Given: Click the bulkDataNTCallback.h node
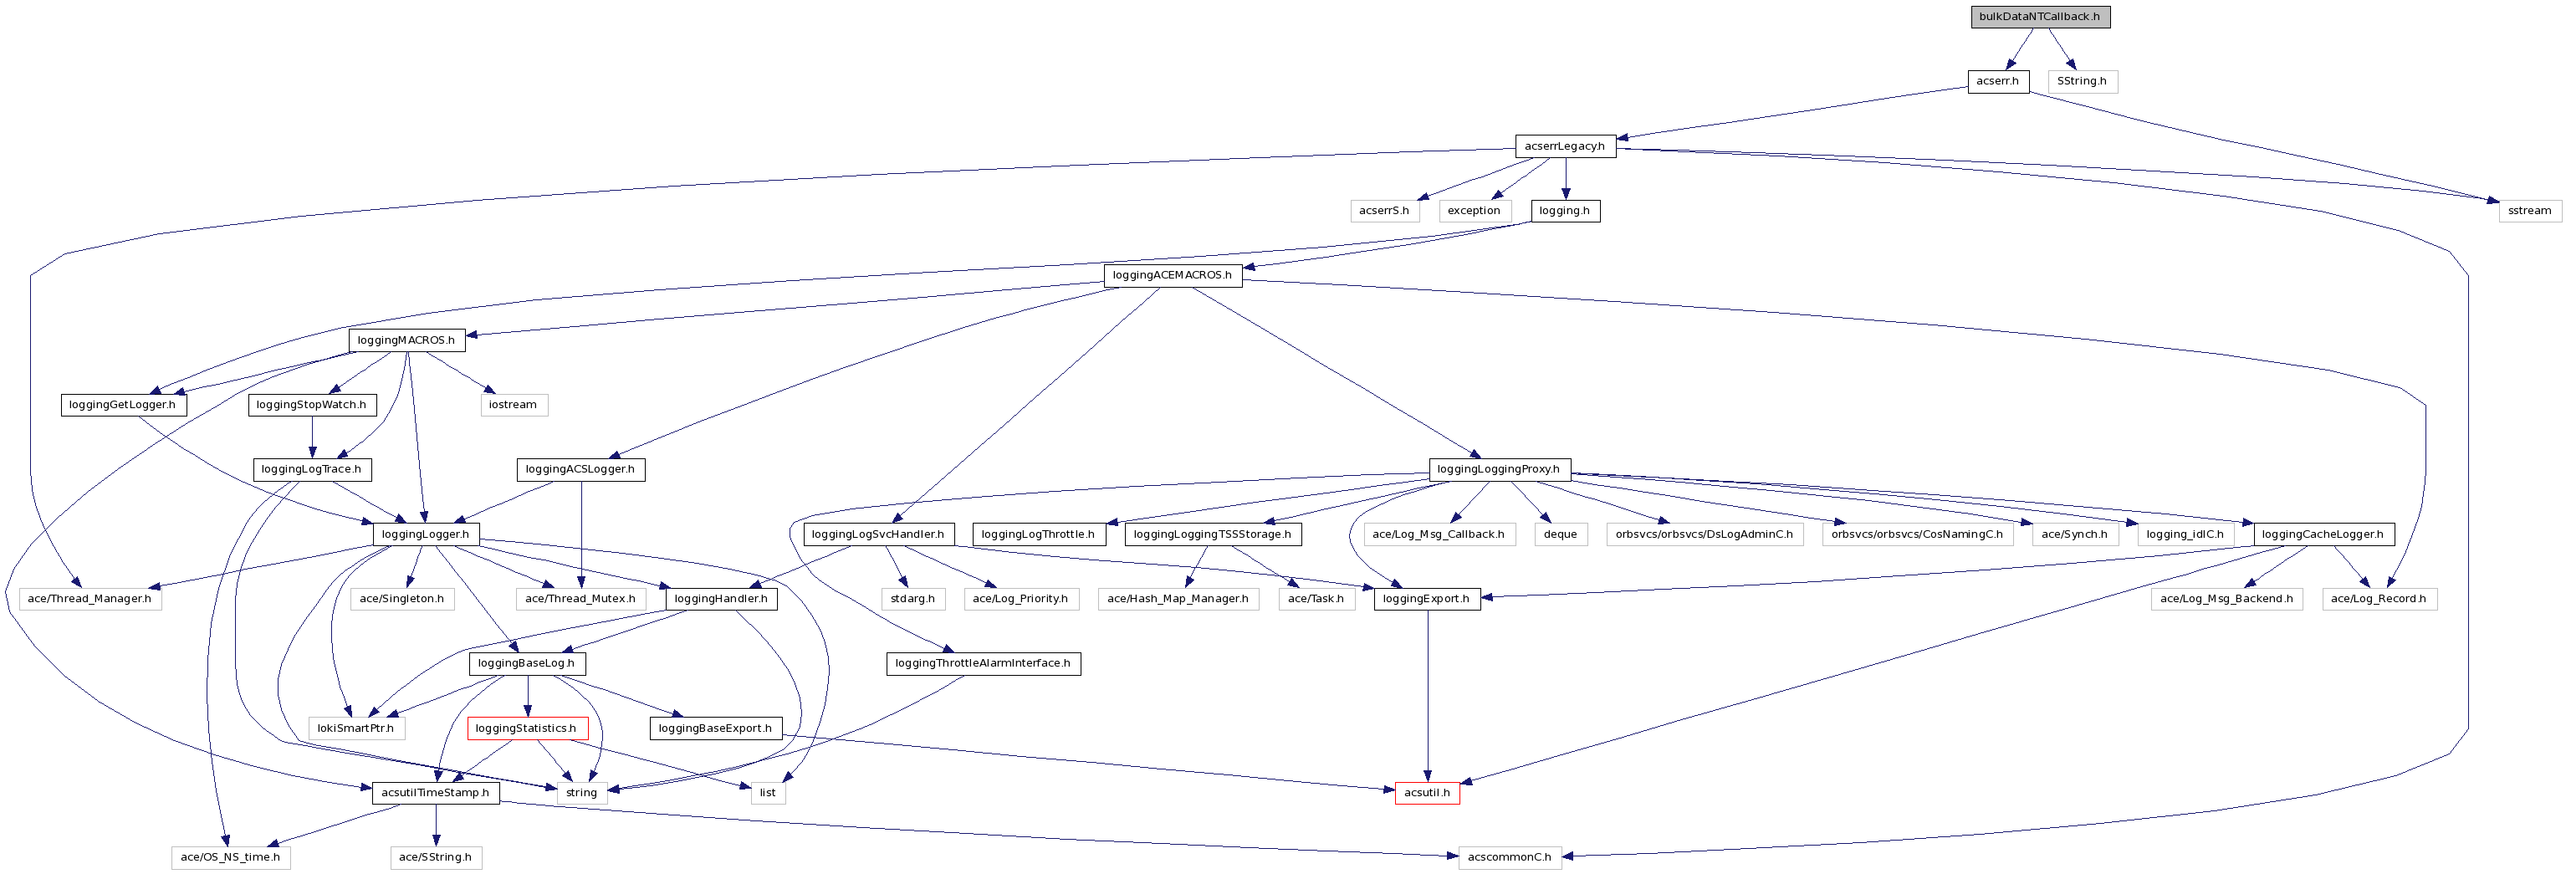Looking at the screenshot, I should (x=2039, y=17).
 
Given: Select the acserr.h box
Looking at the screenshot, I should (x=1997, y=82).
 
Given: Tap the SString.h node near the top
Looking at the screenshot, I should (x=2081, y=82).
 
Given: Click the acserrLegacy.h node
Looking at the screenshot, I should (x=1564, y=146).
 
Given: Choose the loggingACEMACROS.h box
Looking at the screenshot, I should (x=1172, y=275).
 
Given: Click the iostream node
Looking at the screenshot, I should (x=512, y=406).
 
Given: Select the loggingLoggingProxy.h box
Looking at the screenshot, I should (x=1498, y=469).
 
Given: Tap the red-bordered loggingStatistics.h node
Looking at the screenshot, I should (x=526, y=728).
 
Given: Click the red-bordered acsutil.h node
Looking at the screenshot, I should (x=1427, y=793).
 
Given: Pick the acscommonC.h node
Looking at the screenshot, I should (x=1509, y=858).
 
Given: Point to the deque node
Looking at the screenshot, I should (x=1560, y=535).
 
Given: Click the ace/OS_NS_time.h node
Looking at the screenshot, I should (x=230, y=858).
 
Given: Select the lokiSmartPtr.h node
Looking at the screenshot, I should (x=355, y=728).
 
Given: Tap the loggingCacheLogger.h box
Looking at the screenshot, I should (x=2322, y=535).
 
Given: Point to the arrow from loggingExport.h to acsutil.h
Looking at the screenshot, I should (x=1428, y=698).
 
